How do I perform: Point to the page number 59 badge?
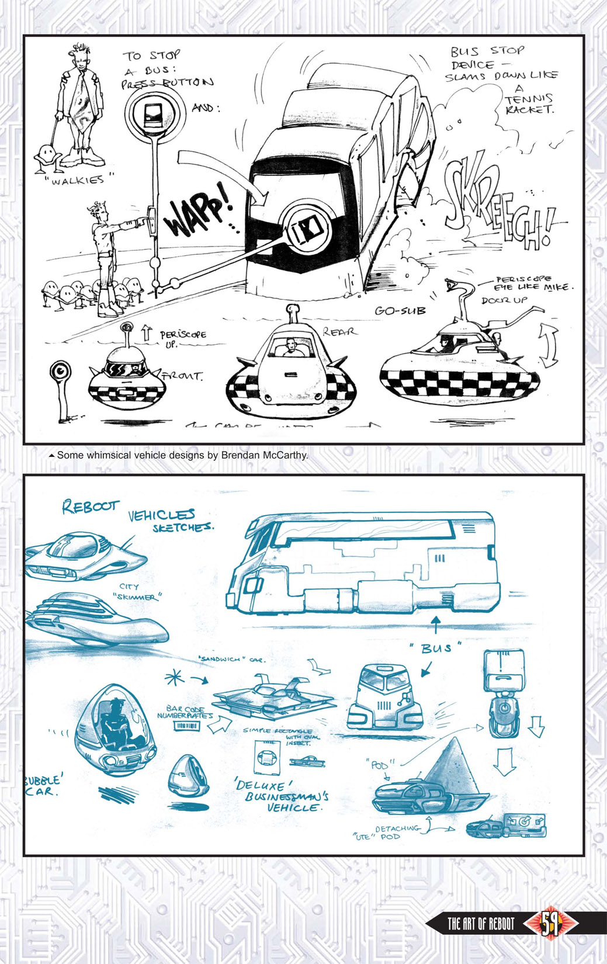click(x=550, y=924)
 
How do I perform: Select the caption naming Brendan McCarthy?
click(x=182, y=455)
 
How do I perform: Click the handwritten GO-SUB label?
click(x=400, y=311)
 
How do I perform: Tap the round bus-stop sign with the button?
click(x=155, y=112)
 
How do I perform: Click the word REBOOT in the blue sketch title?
click(x=91, y=506)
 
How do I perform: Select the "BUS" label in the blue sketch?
click(x=436, y=648)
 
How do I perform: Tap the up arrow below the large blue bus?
click(x=435, y=624)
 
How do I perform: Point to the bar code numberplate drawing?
click(x=186, y=726)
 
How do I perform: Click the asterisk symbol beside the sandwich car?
click(x=175, y=678)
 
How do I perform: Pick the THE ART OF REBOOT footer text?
click(x=480, y=924)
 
